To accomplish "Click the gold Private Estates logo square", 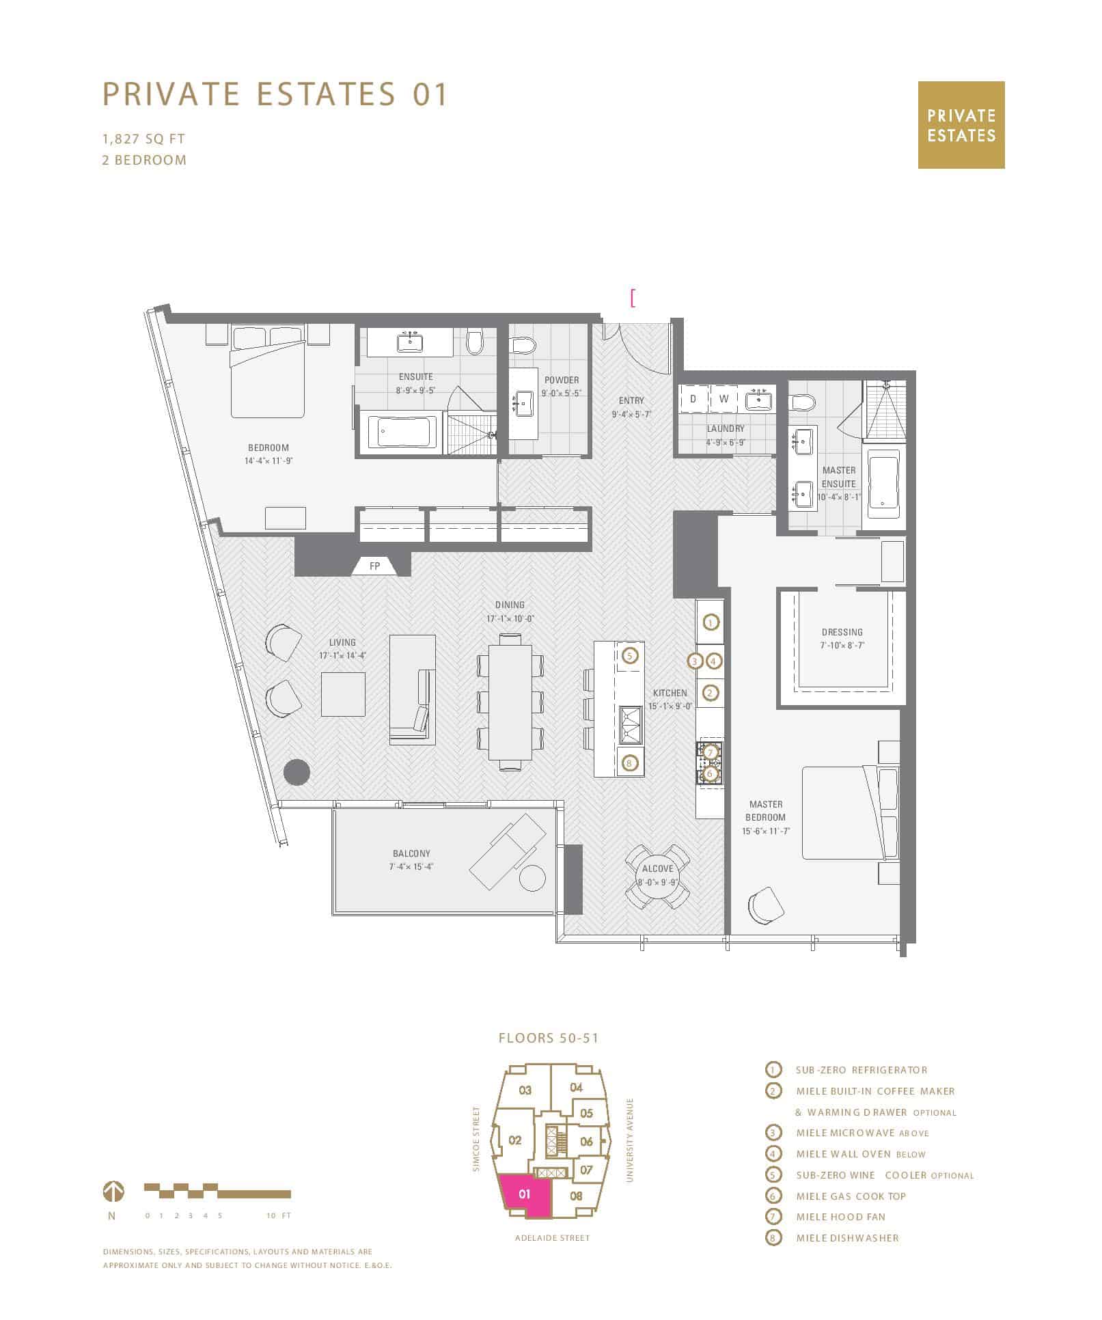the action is (x=961, y=125).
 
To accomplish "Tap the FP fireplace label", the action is (x=374, y=566).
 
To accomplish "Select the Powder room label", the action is (x=562, y=380).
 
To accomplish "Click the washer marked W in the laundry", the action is (x=724, y=399).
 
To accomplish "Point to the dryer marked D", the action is (x=693, y=399).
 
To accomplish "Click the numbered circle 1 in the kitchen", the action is (x=711, y=622).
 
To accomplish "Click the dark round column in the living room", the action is (x=296, y=772).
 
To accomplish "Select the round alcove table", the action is (x=658, y=877).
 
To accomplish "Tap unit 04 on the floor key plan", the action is (x=576, y=1088).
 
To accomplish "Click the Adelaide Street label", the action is (x=552, y=1237).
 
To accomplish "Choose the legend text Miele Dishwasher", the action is (x=847, y=1237).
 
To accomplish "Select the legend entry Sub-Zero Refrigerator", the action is (x=862, y=1070).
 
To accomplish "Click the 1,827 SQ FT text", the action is (x=143, y=139).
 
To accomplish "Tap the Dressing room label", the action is (x=842, y=632).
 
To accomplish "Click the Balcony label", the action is (x=411, y=853).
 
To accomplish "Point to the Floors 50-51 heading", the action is (x=549, y=1038).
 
